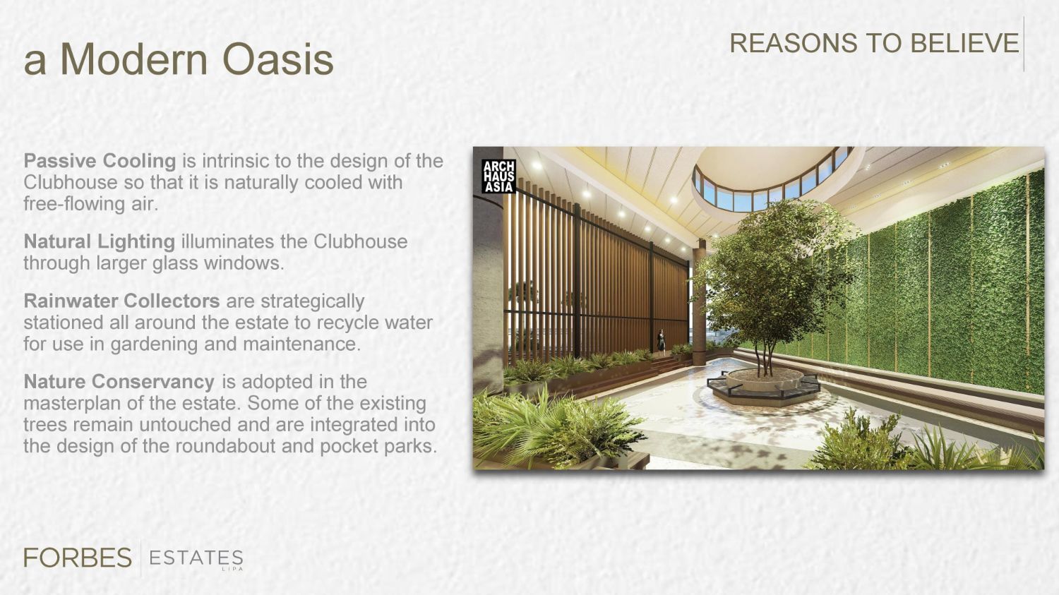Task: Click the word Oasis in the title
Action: point(278,59)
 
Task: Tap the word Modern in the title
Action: point(134,59)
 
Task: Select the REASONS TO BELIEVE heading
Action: point(874,43)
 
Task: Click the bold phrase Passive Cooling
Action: point(100,161)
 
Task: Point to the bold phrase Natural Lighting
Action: point(100,241)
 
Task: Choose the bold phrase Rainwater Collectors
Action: point(121,301)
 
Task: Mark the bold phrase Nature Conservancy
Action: point(119,381)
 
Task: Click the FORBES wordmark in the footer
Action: point(78,558)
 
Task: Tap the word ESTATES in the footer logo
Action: point(196,558)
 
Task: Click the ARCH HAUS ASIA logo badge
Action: point(498,176)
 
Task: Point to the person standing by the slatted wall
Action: point(661,340)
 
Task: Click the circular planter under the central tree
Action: point(765,383)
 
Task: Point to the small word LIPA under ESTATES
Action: point(232,569)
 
